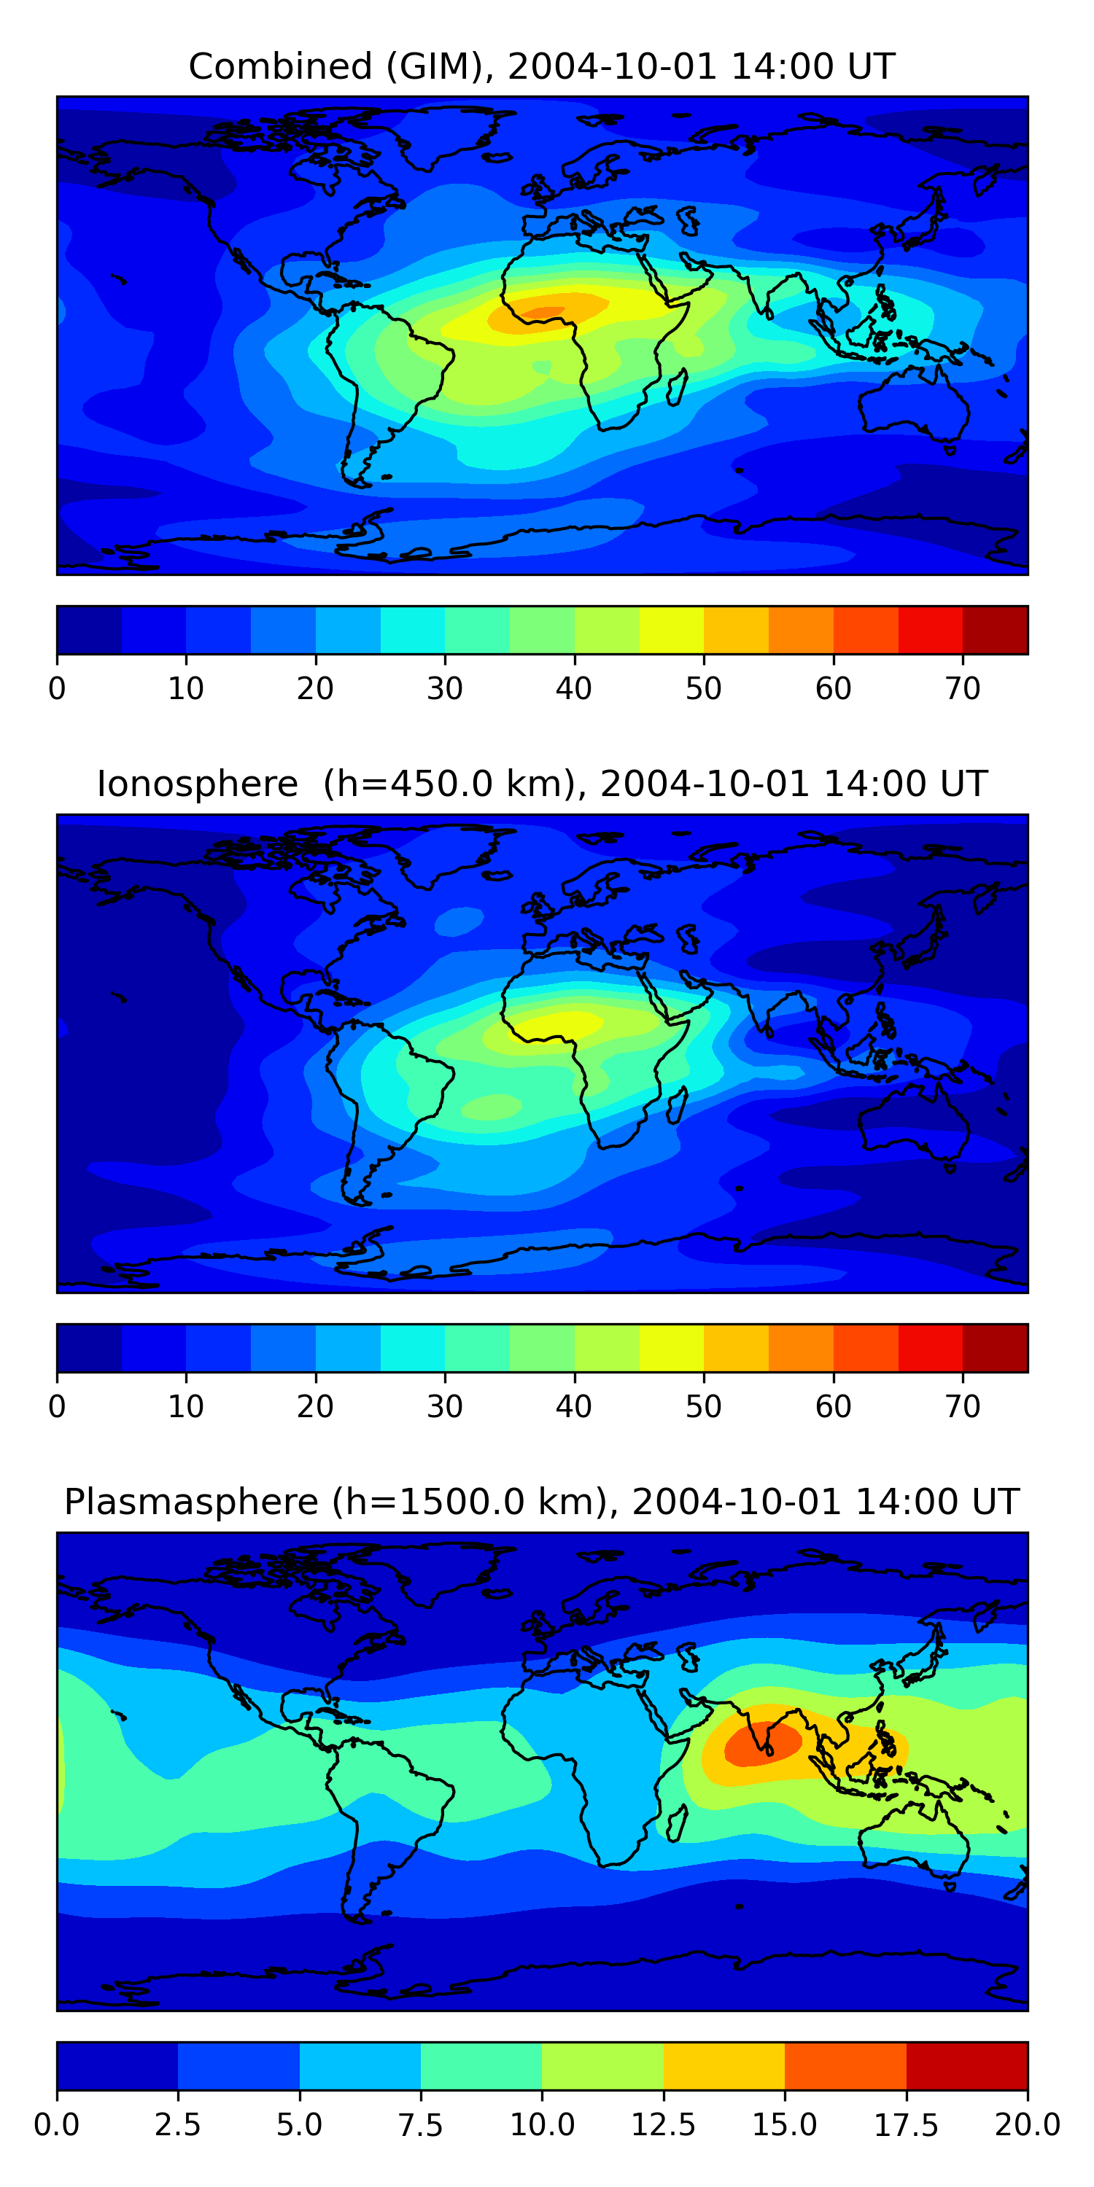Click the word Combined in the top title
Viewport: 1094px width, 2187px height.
pos(280,66)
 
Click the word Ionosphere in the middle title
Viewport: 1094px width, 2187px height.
pos(197,784)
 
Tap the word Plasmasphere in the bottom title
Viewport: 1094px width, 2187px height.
pos(191,1502)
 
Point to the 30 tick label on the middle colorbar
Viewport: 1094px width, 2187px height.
pos(444,1407)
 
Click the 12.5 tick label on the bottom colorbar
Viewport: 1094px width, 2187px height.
pos(664,2125)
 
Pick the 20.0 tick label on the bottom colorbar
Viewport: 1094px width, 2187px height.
pos(1027,2125)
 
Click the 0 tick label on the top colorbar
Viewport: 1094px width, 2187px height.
pos(57,688)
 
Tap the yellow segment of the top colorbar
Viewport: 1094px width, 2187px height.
pos(671,630)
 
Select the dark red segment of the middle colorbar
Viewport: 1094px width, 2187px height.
pos(995,1348)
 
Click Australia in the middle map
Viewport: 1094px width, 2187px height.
pos(913,1123)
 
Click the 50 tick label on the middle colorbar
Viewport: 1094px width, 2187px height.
pos(703,1407)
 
